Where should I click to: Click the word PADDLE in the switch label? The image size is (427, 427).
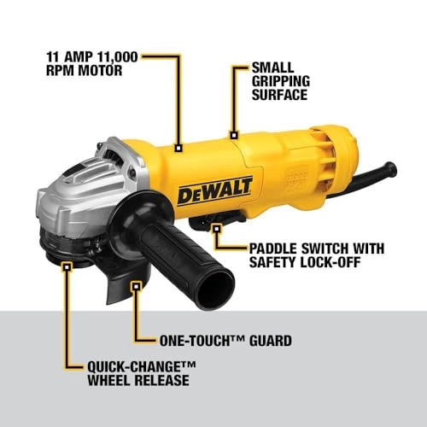click(x=276, y=248)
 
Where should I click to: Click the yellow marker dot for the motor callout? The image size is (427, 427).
click(x=179, y=148)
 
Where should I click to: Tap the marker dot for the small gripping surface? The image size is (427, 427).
click(x=234, y=134)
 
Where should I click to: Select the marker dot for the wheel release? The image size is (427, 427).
click(x=67, y=266)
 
